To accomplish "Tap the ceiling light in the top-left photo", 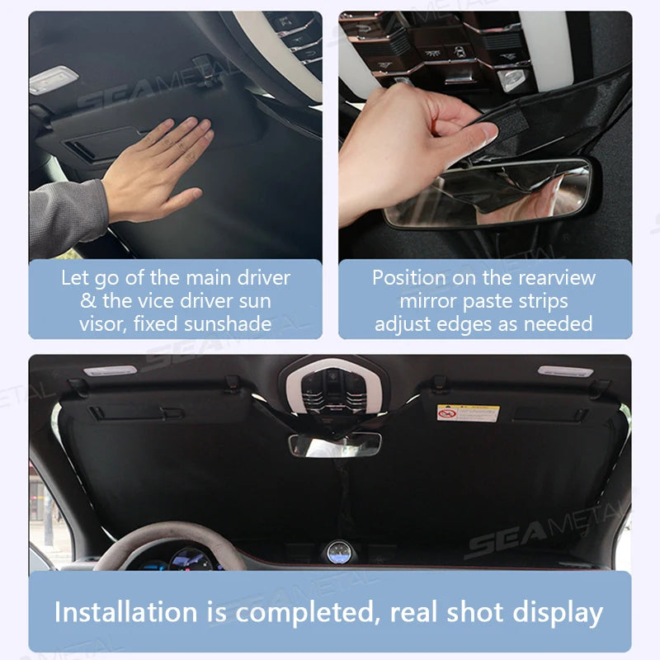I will point(54,81).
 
